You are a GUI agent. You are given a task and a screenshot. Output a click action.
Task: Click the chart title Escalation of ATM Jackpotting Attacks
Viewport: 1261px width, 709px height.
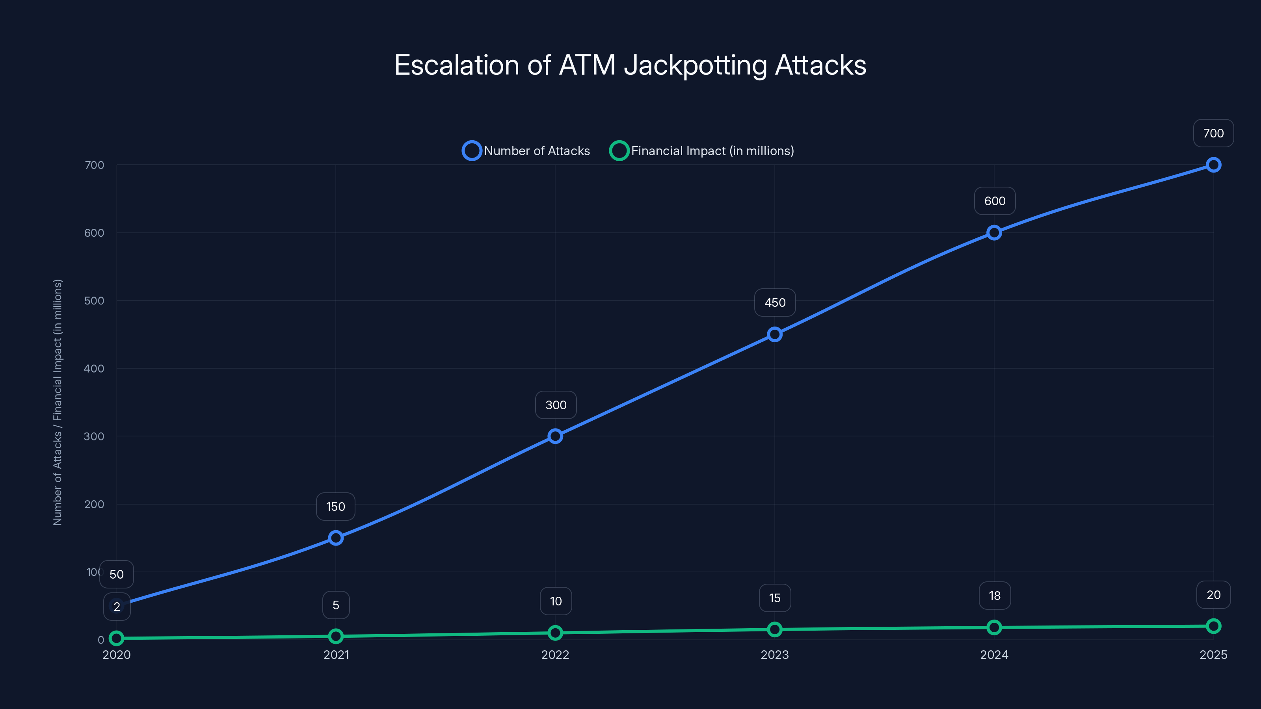(x=630, y=65)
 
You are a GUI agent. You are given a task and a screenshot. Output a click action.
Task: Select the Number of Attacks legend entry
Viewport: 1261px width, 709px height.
(x=526, y=151)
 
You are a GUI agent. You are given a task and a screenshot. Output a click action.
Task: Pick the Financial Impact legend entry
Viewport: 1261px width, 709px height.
(x=701, y=151)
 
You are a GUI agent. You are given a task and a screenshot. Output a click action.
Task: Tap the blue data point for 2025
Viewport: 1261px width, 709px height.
(x=1213, y=165)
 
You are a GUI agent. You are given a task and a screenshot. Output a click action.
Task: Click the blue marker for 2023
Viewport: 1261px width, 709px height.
(x=774, y=335)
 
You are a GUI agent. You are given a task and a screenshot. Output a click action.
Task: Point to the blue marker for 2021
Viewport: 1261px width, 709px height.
(x=336, y=538)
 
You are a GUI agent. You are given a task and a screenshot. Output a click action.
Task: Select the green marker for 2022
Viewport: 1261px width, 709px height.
(x=555, y=633)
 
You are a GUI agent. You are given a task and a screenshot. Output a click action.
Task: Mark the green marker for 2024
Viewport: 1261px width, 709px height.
(x=994, y=627)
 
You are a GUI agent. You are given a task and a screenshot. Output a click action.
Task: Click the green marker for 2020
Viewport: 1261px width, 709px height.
(x=117, y=638)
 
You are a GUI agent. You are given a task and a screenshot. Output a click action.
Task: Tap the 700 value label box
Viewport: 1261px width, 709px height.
(x=1213, y=133)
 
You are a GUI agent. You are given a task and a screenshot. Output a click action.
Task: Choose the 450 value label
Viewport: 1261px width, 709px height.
(x=775, y=303)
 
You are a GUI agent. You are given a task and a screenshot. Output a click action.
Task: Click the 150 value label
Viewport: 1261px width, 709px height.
(x=336, y=507)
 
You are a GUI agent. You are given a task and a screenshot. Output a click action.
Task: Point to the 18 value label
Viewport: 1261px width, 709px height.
(x=994, y=596)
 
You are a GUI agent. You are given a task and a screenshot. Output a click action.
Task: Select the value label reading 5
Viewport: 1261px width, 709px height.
(x=336, y=605)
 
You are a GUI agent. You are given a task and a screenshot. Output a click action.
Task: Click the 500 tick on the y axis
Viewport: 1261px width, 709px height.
(x=94, y=301)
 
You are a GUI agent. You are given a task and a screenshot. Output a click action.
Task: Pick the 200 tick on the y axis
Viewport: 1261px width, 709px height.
(x=94, y=505)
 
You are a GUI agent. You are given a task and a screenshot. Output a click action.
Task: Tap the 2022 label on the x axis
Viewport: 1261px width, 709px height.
(x=555, y=655)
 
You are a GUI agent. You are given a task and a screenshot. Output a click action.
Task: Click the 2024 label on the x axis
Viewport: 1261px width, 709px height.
(x=994, y=655)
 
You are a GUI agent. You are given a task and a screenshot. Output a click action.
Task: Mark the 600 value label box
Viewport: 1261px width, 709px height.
(x=995, y=201)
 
